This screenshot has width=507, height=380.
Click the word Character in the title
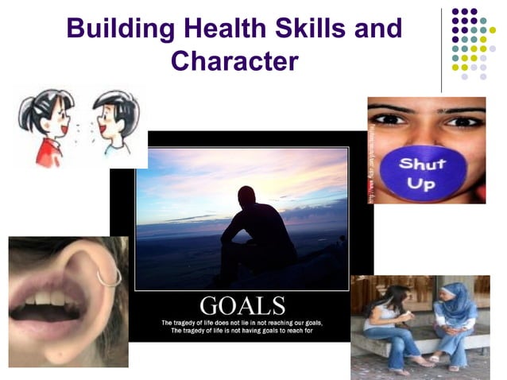coord(234,60)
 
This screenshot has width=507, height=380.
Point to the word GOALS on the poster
coord(242,305)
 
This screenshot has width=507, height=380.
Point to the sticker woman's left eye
coord(465,122)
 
